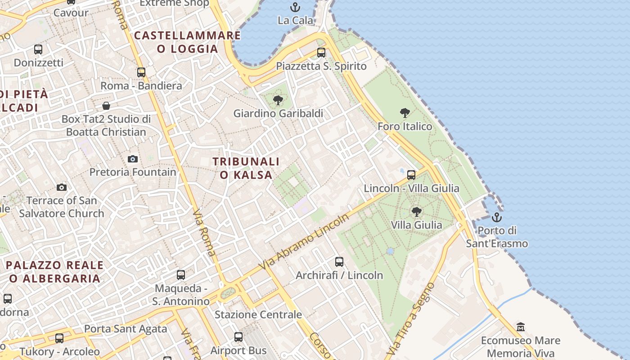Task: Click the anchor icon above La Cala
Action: pos(295,7)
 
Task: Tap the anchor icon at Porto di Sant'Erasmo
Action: pos(496,217)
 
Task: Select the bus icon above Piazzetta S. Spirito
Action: pos(321,53)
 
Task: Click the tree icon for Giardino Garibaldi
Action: pos(278,100)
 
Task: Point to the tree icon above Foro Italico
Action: pos(405,113)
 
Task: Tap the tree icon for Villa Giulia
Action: pos(416,211)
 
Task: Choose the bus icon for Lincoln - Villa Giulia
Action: pos(411,175)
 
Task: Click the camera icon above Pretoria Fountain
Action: pos(132,159)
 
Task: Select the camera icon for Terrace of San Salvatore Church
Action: pos(62,187)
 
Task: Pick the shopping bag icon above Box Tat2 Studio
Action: pos(106,106)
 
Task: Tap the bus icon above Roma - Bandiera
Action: pos(141,72)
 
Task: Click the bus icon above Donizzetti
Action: pos(38,49)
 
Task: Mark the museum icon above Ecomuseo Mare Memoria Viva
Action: pos(521,327)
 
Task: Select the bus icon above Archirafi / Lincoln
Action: pos(339,261)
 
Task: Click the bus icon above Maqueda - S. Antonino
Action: pos(180,274)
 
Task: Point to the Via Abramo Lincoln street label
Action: pos(305,243)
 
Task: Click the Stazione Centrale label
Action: pos(258,315)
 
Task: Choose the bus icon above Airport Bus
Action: pos(238,337)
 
